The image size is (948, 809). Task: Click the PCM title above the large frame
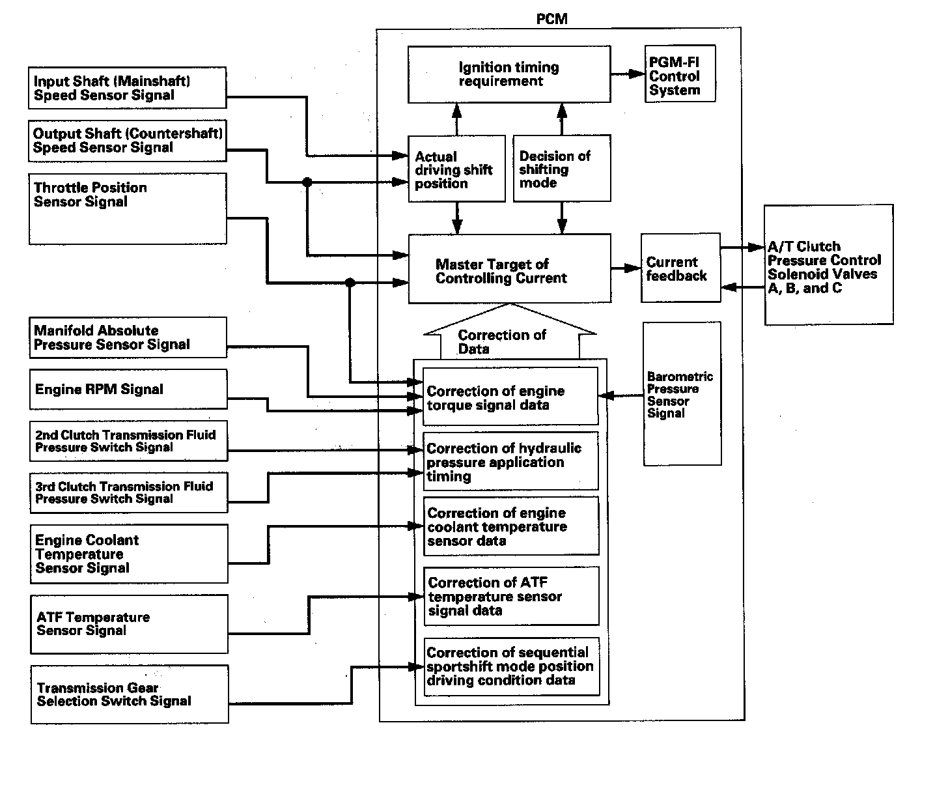click(551, 19)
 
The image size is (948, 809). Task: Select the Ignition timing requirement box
click(509, 74)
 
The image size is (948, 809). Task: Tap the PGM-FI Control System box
click(680, 74)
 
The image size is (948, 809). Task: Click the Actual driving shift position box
click(456, 169)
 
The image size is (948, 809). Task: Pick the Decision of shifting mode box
click(561, 168)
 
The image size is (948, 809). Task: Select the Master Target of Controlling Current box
click(509, 269)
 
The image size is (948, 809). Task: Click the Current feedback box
click(680, 268)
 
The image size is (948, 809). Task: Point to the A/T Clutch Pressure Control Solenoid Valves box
click(828, 265)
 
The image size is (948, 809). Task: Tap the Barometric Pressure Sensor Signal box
click(682, 393)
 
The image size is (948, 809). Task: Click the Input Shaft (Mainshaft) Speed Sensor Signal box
click(128, 88)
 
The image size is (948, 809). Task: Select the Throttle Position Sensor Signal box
click(128, 208)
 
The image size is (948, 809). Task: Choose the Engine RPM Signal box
click(128, 390)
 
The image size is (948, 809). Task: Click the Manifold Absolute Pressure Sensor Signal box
click(128, 337)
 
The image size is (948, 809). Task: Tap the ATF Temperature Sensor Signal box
click(129, 624)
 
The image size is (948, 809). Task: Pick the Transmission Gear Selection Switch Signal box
click(130, 694)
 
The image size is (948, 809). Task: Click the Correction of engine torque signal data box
click(510, 397)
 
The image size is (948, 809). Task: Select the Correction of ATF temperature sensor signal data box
click(511, 596)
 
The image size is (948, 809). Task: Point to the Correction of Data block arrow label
click(503, 340)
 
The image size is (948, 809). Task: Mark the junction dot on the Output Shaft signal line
click(307, 182)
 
